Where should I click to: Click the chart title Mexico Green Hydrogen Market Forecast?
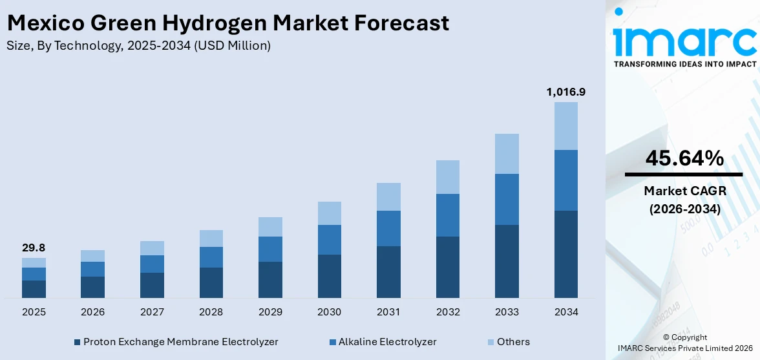coord(227,23)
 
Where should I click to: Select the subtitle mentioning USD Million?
coord(139,45)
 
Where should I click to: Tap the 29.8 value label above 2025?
coord(34,248)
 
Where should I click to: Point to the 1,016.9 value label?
coord(565,92)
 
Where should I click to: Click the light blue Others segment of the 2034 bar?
coord(565,126)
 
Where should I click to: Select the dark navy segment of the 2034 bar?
coord(565,254)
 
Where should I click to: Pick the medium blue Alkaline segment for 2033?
coord(507,199)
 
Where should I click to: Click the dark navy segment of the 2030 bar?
coord(329,276)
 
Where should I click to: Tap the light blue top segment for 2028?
coord(211,238)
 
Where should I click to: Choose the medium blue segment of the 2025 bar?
coord(34,274)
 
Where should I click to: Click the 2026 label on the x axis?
coord(92,312)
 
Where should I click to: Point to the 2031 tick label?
coord(388,312)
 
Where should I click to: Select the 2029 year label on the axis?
coord(270,312)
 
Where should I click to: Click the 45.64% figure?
coord(684,158)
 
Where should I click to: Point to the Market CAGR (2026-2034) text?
coord(684,200)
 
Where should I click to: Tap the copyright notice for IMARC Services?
coord(684,343)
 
